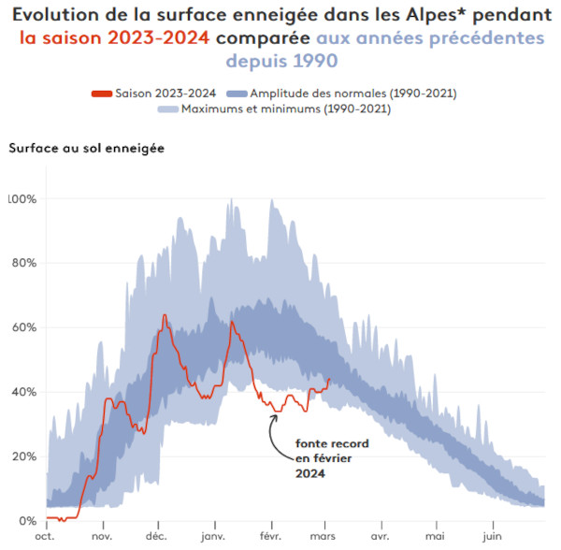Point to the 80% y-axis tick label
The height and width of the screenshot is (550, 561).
[x=23, y=263]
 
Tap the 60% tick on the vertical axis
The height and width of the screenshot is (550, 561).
[x=23, y=327]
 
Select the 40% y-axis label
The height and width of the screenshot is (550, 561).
[x=23, y=392]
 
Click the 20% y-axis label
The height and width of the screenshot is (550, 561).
[x=23, y=456]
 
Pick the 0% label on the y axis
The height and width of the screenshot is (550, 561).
[x=27, y=521]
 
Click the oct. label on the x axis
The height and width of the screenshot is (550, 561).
[x=45, y=538]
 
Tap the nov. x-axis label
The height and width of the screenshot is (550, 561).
[x=101, y=538]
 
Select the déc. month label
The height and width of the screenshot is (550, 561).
[x=157, y=538]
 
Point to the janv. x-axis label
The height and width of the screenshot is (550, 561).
[x=214, y=538]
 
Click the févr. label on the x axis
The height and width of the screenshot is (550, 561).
[x=271, y=538]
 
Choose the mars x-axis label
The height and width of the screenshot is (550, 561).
[x=325, y=538]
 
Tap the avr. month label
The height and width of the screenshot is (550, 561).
[x=380, y=538]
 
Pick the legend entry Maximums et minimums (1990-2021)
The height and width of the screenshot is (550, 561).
[x=286, y=109]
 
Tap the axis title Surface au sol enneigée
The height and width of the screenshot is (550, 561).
[x=86, y=148]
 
